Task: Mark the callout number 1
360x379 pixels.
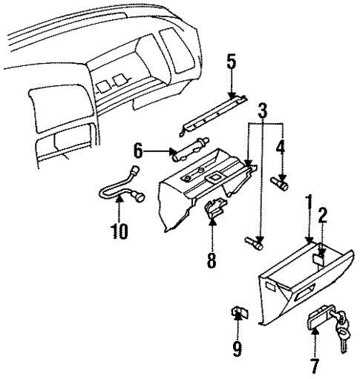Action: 307,202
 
